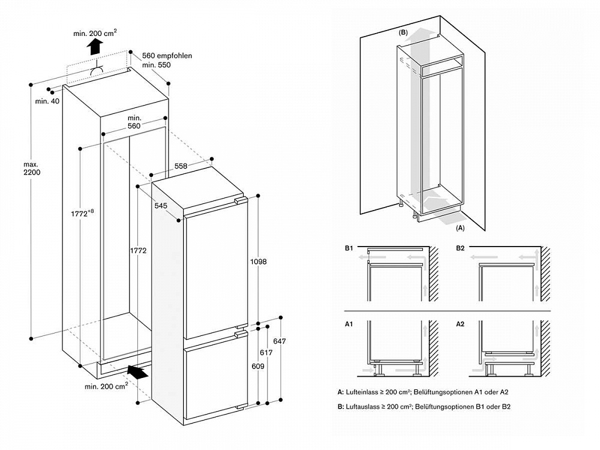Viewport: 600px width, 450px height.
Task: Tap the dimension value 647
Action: coord(280,341)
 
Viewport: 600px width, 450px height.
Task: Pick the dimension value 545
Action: coord(160,205)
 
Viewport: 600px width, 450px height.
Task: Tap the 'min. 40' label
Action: coord(47,101)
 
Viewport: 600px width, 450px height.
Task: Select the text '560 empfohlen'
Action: coord(167,56)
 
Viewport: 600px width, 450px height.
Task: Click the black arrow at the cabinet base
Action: coord(138,373)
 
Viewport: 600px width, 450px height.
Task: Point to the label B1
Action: coord(349,248)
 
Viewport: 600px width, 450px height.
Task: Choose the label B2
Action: coord(460,248)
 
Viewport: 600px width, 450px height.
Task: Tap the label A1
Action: coord(349,324)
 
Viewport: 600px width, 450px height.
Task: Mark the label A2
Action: coord(460,324)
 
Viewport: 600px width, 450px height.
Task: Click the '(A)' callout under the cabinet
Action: coord(461,227)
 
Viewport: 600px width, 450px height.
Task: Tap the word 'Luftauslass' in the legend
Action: coord(364,407)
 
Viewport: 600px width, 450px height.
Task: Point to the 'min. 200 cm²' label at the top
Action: coord(95,34)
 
